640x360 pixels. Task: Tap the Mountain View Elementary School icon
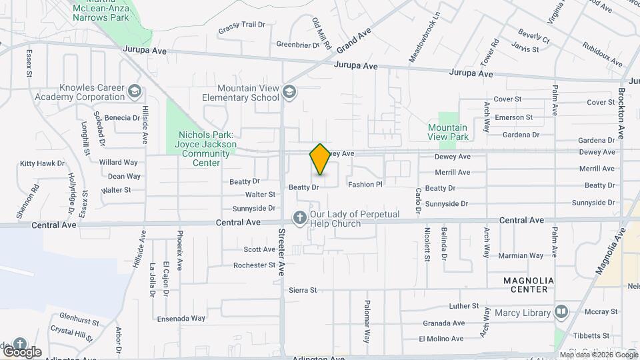[x=289, y=91]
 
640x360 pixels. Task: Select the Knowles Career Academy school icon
[x=135, y=91]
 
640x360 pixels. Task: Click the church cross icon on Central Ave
[x=300, y=217]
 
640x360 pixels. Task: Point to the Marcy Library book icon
[x=561, y=312]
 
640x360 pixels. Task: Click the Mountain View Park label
[x=447, y=132]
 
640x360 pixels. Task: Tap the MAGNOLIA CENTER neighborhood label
[x=526, y=285]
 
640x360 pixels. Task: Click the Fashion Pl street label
[x=365, y=185]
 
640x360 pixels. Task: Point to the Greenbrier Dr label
[x=297, y=45]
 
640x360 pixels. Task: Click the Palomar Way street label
[x=367, y=321]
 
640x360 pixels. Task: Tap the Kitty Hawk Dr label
[x=42, y=163]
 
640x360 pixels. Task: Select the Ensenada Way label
[x=181, y=319]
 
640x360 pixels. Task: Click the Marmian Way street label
[x=521, y=255]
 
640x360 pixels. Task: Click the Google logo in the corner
[x=22, y=351]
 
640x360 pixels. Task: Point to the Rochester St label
[x=254, y=265]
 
